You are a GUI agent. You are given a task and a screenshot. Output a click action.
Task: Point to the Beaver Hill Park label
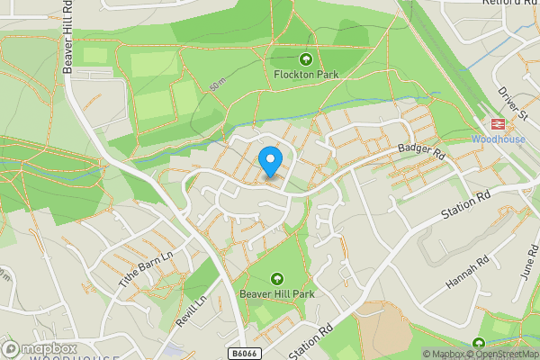[x=276, y=293]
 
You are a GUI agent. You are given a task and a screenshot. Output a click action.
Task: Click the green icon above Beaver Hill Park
[x=276, y=278]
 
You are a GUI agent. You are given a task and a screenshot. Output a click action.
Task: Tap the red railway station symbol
[x=494, y=124]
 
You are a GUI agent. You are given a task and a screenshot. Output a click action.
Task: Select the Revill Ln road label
[x=190, y=309]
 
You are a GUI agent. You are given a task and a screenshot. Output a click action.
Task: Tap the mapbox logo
[x=40, y=349]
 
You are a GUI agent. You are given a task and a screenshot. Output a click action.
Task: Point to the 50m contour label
[x=216, y=85]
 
